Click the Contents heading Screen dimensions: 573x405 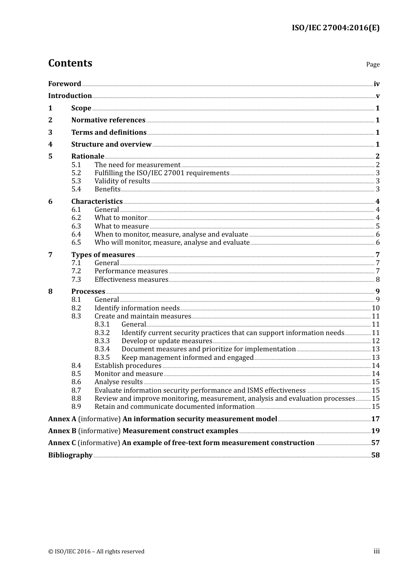(70, 63)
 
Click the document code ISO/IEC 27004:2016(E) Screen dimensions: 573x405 (336, 28)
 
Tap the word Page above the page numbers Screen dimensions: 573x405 (373, 64)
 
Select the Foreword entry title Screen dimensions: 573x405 (64, 84)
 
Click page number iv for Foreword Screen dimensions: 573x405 (376, 84)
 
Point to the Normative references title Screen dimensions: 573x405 (108, 120)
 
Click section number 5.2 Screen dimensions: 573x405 (76, 173)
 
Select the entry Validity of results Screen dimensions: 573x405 (122, 181)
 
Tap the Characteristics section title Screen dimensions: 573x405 (97, 202)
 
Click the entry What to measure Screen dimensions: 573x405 (121, 226)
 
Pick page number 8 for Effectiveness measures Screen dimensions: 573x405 (378, 280)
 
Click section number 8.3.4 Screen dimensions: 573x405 (102, 349)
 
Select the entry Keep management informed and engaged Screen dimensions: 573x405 (187, 358)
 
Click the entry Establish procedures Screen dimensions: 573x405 (128, 366)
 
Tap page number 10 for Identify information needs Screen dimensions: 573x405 (376, 308)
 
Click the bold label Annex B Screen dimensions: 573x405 (62, 431)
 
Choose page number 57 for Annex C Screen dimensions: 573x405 (375, 443)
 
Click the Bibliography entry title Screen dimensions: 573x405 (70, 455)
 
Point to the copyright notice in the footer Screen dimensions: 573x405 (96, 552)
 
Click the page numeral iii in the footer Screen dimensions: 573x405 (376, 551)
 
